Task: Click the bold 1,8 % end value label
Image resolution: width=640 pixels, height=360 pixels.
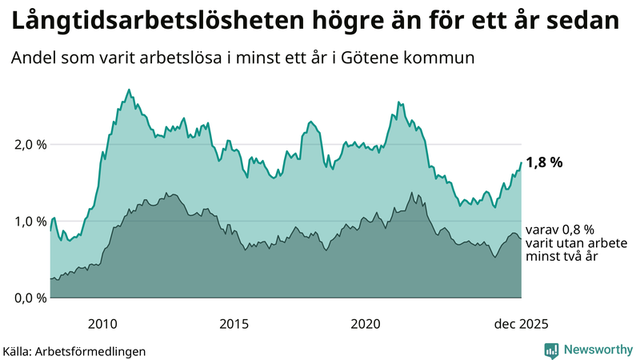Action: [x=544, y=162]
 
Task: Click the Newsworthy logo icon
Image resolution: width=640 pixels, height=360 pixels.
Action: [x=551, y=350]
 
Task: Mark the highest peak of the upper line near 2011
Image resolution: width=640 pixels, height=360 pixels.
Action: [x=130, y=90]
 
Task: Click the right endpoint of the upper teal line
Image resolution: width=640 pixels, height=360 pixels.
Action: [x=521, y=162]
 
